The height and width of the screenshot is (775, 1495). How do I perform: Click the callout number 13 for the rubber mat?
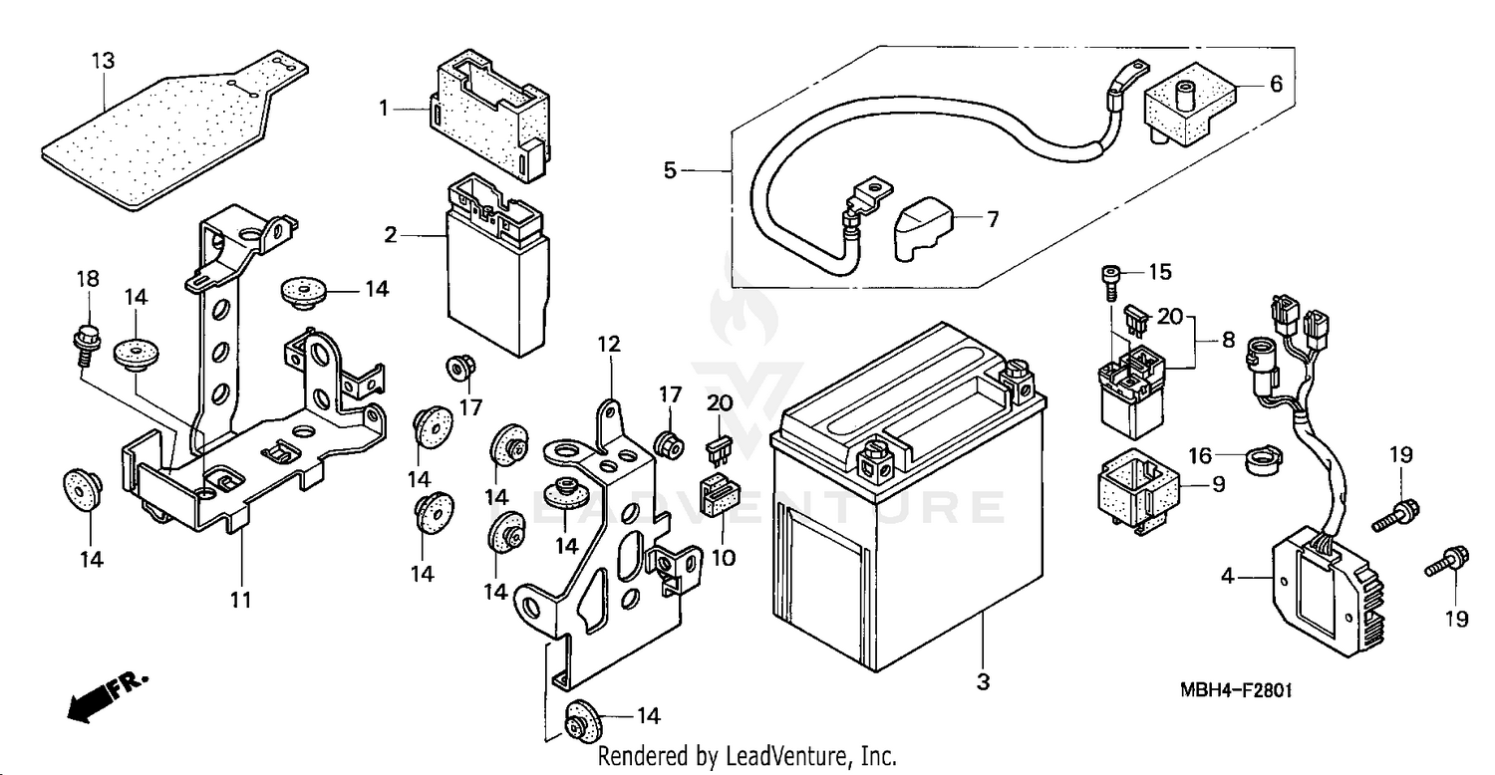pyautogui.click(x=104, y=61)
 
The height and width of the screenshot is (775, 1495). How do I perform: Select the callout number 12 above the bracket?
pyautogui.click(x=609, y=345)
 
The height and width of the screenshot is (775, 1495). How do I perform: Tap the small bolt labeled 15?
pyautogui.click(x=1109, y=278)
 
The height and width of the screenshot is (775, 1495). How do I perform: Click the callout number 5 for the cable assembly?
pyautogui.click(x=670, y=171)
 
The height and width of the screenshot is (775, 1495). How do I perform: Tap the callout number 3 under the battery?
pyautogui.click(x=983, y=682)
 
